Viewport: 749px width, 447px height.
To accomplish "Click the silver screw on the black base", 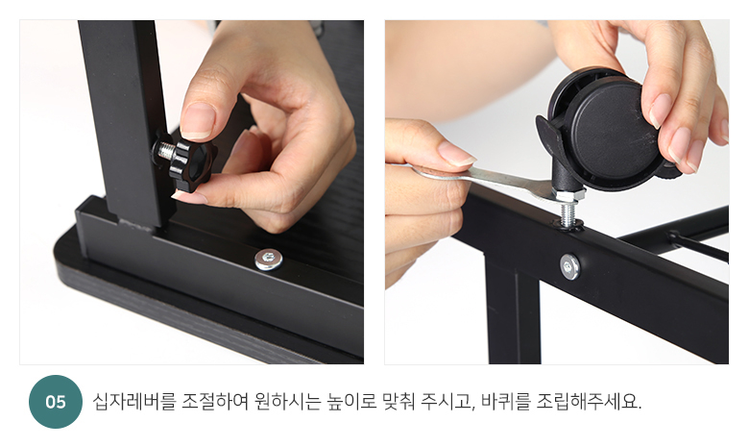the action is coord(269,260).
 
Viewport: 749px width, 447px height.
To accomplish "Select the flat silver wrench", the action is coord(482,179).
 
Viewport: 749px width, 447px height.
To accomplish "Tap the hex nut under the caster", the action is coord(568,195).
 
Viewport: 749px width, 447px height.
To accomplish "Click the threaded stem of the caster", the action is coord(568,213).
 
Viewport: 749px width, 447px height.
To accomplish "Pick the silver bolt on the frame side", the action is coord(569,266).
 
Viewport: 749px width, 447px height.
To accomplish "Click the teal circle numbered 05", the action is coord(56,402).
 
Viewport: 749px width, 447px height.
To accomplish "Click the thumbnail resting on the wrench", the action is coord(456,154).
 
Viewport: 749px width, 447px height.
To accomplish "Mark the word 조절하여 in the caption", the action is coord(215,402).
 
